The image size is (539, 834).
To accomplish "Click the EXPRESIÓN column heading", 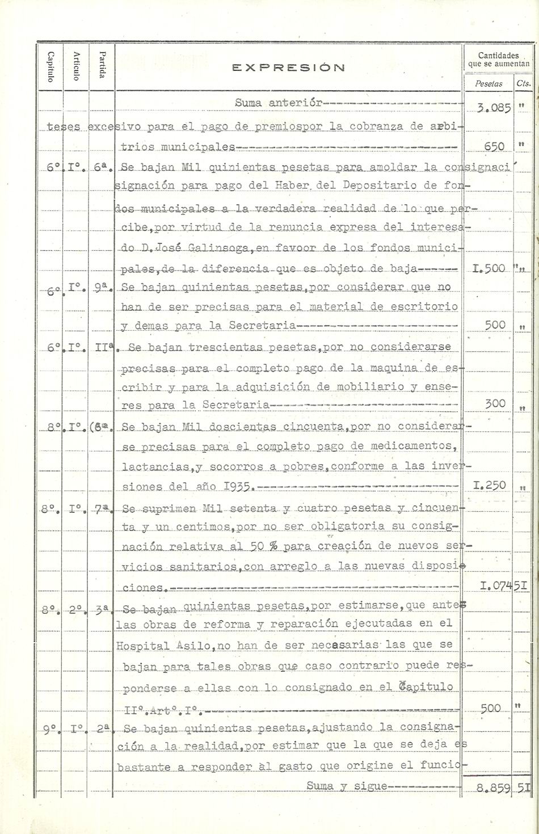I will click(289, 68).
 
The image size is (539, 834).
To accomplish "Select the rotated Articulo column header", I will click(77, 66).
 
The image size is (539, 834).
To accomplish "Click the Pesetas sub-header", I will click(489, 83).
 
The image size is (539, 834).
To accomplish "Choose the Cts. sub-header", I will click(524, 83).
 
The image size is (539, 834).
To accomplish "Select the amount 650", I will click(495, 146).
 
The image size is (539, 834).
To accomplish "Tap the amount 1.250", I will click(490, 486).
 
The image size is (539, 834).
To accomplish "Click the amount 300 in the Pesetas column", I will click(495, 403).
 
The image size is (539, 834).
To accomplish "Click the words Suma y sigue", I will click(347, 786).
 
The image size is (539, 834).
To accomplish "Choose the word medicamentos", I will click(412, 446).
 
